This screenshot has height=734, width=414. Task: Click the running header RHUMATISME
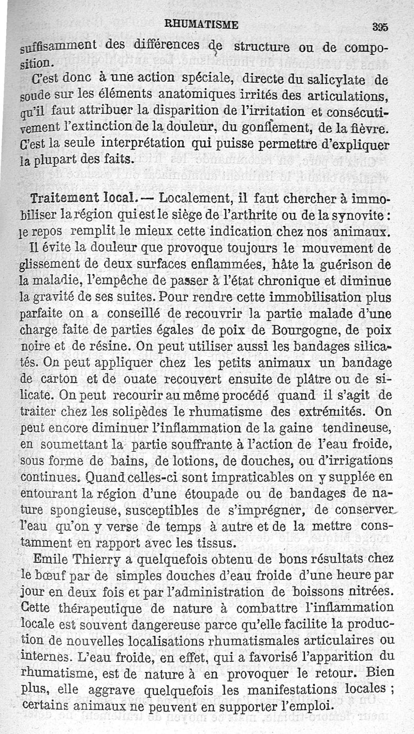coord(201,24)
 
